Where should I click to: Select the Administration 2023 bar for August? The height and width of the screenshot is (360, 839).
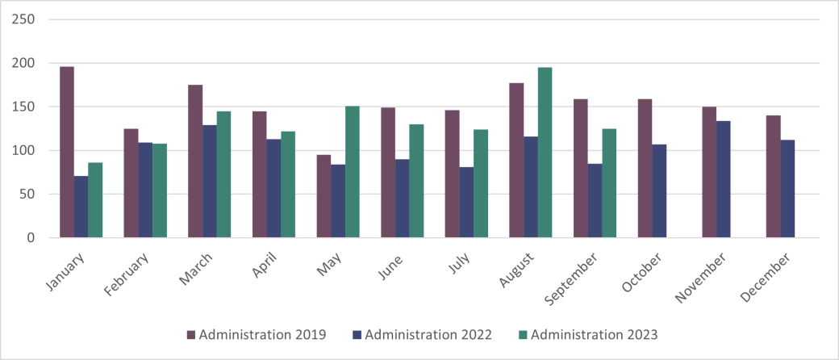[545, 153]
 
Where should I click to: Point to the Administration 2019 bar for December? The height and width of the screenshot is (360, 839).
[774, 177]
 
